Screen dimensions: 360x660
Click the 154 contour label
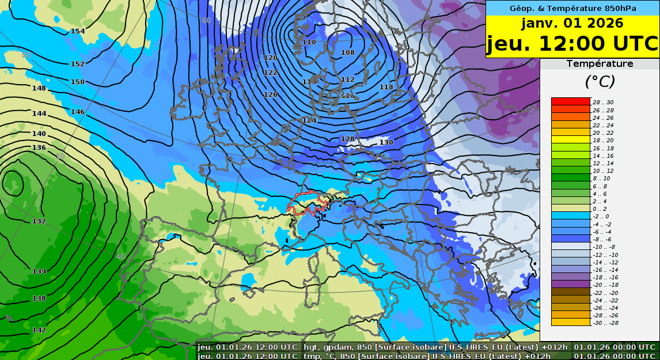click(78, 31)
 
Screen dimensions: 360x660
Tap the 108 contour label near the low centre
click(348, 52)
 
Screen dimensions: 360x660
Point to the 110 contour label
click(309, 42)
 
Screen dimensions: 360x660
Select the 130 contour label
click(386, 142)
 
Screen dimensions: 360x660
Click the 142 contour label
click(39, 330)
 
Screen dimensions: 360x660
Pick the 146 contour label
click(78, 112)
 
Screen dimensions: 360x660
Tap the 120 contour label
click(271, 58)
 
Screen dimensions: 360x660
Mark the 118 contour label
click(386, 87)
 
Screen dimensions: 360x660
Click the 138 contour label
click(39, 298)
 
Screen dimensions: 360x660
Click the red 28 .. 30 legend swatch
click(571, 102)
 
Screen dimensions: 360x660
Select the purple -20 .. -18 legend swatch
click(571, 285)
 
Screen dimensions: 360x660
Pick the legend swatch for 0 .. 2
click(571, 209)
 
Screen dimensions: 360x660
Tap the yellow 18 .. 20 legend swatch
click(571, 140)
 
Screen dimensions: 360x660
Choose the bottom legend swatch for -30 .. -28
click(571, 323)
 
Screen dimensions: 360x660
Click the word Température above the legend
click(600, 64)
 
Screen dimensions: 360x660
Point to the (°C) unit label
click(600, 81)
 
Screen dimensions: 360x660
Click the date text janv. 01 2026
click(572, 24)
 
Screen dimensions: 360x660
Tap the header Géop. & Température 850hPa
click(572, 8)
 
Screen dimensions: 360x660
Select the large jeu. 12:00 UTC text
click(572, 44)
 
